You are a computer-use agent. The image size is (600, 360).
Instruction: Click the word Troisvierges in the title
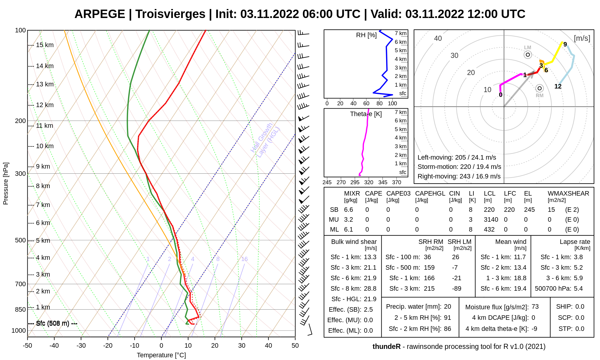[170, 14]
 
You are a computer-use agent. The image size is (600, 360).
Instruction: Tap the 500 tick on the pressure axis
[20, 240]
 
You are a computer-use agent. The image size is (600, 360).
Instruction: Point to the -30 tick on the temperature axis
[81, 346]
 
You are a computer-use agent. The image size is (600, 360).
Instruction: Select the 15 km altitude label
[45, 45]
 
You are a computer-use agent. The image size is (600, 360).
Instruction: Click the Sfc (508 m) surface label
[52, 323]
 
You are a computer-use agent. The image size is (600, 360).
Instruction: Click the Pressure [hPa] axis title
[6, 184]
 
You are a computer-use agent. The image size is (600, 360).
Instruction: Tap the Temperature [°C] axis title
[161, 355]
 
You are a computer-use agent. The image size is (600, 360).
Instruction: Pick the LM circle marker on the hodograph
[528, 55]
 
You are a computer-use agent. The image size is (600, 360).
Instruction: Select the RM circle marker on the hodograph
[539, 88]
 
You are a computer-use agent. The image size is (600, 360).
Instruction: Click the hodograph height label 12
[558, 86]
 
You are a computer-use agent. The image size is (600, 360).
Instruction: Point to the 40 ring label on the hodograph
[438, 38]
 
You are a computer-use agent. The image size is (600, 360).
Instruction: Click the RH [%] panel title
[366, 35]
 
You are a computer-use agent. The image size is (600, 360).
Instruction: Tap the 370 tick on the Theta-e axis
[397, 182]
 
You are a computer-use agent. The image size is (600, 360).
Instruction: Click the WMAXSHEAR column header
[568, 193]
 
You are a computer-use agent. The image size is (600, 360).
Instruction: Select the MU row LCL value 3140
[491, 220]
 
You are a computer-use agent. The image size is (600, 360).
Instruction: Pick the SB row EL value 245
[529, 210]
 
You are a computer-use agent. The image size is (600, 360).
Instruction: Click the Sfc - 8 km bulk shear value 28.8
[370, 289]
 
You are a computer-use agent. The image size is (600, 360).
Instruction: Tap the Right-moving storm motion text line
[459, 176]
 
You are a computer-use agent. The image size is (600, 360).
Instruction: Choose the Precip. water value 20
[447, 307]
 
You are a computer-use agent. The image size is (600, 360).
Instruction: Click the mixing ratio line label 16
[244, 259]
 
